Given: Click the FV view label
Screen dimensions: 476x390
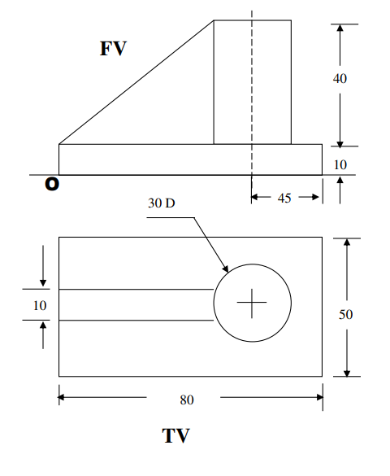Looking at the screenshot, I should (x=113, y=49).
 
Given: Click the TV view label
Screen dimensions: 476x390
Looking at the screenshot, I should (x=175, y=436).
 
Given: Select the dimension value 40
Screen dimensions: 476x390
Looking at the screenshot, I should (x=341, y=78).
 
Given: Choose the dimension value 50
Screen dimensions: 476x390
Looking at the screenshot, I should (x=345, y=314).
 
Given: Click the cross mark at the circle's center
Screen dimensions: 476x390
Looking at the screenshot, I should (x=252, y=304).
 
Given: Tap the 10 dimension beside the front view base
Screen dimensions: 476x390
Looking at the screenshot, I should (x=340, y=164).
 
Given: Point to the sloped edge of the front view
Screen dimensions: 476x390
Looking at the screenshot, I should (x=136, y=82).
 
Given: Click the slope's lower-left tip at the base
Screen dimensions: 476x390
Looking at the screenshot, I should (x=60, y=144).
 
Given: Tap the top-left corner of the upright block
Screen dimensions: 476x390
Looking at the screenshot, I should (x=214, y=21).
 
